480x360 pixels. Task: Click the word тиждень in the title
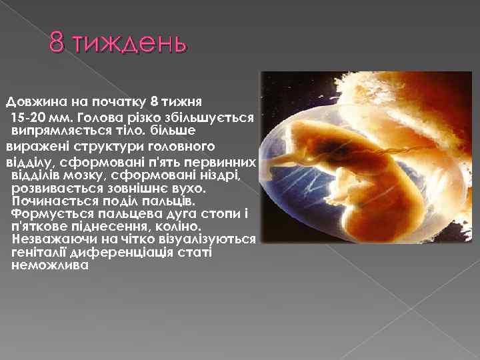click(131, 45)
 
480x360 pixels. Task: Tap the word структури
click(94, 145)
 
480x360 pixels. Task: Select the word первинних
click(225, 162)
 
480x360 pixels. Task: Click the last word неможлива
click(50, 265)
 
